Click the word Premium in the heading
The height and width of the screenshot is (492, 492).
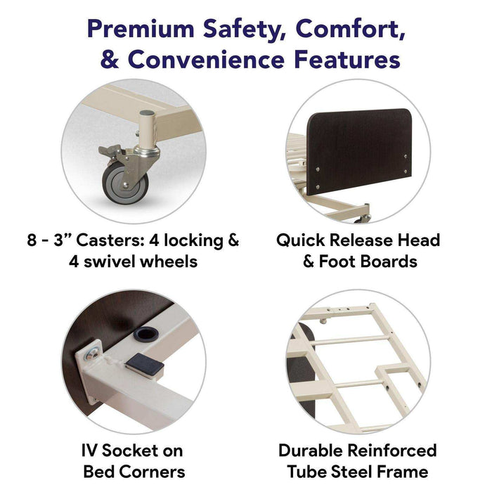141,30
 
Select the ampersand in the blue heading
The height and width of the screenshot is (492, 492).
110,60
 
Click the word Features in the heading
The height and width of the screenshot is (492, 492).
347,60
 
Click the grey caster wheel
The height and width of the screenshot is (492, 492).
125,183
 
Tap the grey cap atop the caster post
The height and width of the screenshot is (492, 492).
147,112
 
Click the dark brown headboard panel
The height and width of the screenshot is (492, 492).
359,150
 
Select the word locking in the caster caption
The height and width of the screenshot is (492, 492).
193,240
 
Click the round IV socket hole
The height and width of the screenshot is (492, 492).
145,334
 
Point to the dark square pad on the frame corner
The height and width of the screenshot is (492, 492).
145,364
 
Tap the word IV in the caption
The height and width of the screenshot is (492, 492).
89,451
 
